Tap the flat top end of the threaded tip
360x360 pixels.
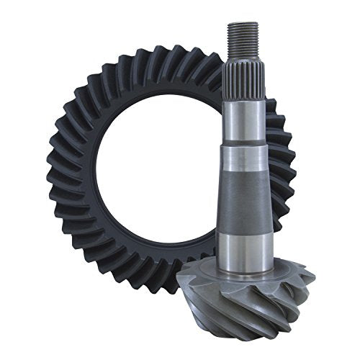(241, 24)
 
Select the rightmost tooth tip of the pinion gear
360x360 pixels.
(311, 272)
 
